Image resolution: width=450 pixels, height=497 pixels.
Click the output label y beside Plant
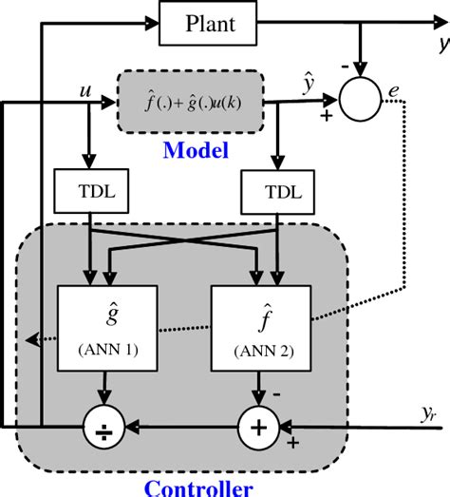coord(442,44)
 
